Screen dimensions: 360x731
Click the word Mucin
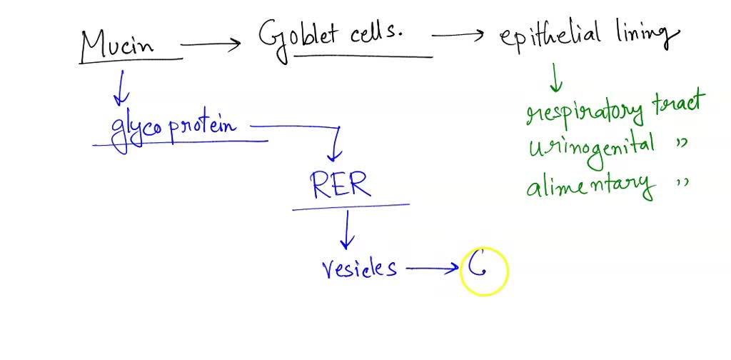click(118, 44)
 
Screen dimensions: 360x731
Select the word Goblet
click(298, 34)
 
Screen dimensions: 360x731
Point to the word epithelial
click(550, 36)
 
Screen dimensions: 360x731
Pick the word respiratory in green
click(584, 111)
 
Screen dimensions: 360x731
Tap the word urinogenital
click(592, 147)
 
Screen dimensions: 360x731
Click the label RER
click(341, 184)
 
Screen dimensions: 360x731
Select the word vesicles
click(359, 269)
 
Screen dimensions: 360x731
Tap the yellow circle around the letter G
click(484, 271)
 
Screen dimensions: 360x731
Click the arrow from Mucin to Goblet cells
click(212, 44)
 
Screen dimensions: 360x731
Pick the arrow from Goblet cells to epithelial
click(458, 34)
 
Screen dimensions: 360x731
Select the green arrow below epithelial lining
click(555, 77)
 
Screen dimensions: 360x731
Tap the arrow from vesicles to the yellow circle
click(433, 269)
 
